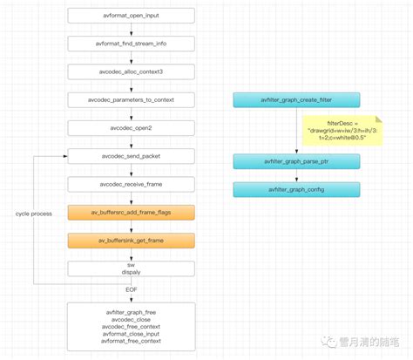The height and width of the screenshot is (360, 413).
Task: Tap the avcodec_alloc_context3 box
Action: coord(131,72)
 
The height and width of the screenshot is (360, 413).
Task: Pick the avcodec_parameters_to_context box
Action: coord(131,100)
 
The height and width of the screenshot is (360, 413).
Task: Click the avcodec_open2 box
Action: coord(131,128)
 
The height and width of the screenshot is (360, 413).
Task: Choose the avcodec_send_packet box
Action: coord(131,156)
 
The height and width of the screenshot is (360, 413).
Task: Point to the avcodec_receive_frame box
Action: coord(131,184)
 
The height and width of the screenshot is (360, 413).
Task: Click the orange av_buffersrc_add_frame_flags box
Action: coord(131,212)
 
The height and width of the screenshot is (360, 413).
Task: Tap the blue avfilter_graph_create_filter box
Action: coord(296,100)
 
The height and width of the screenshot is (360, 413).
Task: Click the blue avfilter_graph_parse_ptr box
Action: coord(296,161)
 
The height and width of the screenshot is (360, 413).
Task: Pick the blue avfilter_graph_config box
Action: coord(296,189)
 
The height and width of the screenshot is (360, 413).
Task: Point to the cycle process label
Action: coord(35,213)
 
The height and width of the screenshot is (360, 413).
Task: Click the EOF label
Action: coord(131,288)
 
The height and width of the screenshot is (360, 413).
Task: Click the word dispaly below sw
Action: coord(131,270)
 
